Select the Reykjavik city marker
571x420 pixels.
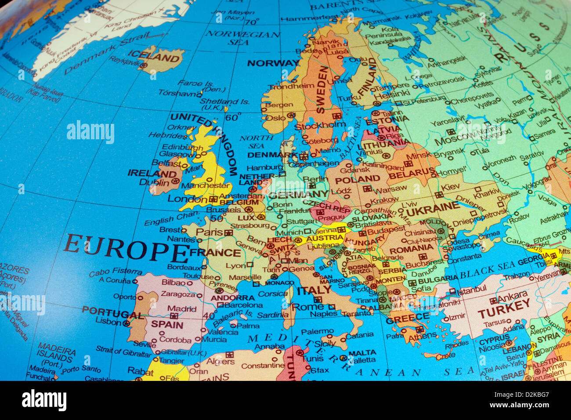click(x=143, y=65)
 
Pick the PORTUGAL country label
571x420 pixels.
click(x=112, y=312)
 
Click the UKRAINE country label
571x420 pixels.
click(x=433, y=209)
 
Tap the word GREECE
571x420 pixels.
click(x=408, y=317)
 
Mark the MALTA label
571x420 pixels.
click(x=362, y=352)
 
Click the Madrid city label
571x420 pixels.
click(x=181, y=309)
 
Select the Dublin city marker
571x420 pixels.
click(x=176, y=181)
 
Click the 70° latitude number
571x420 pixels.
click(x=252, y=22)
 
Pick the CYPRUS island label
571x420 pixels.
click(x=494, y=340)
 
